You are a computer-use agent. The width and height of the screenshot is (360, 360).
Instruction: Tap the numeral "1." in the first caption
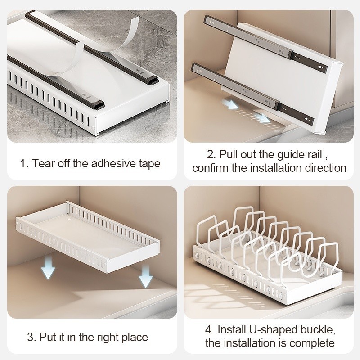tap(24, 164)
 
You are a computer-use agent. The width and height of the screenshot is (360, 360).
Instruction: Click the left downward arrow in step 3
tap(48, 268)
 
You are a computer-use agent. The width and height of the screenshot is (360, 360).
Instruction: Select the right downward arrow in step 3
tap(145, 276)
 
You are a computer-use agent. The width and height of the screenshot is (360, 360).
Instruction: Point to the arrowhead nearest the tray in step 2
tap(263, 118)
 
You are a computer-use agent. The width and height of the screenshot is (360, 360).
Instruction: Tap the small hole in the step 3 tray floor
tap(69, 220)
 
